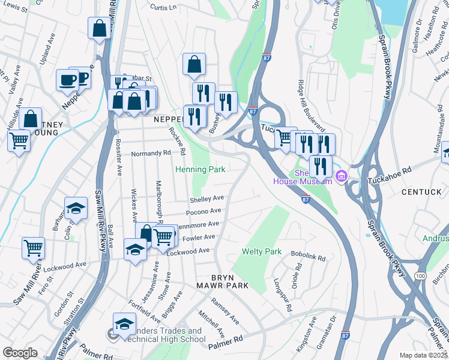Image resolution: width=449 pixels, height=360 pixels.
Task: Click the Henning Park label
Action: tap(200, 170)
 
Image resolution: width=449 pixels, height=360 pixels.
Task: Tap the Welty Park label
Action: tap(262, 251)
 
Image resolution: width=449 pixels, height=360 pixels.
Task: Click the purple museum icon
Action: tap(342, 176)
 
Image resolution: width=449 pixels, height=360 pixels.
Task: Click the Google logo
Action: tap(20, 352)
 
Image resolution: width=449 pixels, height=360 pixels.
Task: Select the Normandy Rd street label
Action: tap(151, 153)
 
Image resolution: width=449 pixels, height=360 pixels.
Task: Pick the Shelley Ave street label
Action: tap(206, 198)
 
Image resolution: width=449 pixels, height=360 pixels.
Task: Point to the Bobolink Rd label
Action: tap(308, 257)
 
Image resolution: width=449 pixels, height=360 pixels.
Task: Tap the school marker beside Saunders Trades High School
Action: tap(125, 324)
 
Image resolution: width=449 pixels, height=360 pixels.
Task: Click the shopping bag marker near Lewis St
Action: tap(99, 28)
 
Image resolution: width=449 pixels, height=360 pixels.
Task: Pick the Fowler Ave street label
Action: tap(194, 238)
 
